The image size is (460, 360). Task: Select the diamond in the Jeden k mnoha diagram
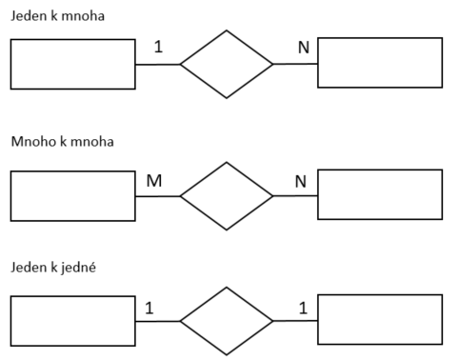coord(227,65)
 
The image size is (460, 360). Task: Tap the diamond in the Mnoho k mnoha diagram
coord(227,196)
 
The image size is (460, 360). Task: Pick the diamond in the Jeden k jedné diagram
coord(227,321)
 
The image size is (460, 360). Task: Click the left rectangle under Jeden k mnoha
coord(72,64)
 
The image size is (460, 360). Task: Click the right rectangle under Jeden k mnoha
coord(380,63)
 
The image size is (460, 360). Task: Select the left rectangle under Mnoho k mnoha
coord(72,196)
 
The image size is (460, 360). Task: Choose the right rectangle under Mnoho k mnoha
coord(380,194)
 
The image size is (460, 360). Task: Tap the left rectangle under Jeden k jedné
coord(72,321)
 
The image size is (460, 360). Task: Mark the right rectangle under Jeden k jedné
coord(380,319)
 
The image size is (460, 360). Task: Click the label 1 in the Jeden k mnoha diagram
coord(159,47)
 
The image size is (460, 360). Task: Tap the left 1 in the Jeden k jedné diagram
coord(150,307)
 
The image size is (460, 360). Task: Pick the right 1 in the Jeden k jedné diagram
coord(303,307)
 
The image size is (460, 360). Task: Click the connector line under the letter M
coord(157,196)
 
